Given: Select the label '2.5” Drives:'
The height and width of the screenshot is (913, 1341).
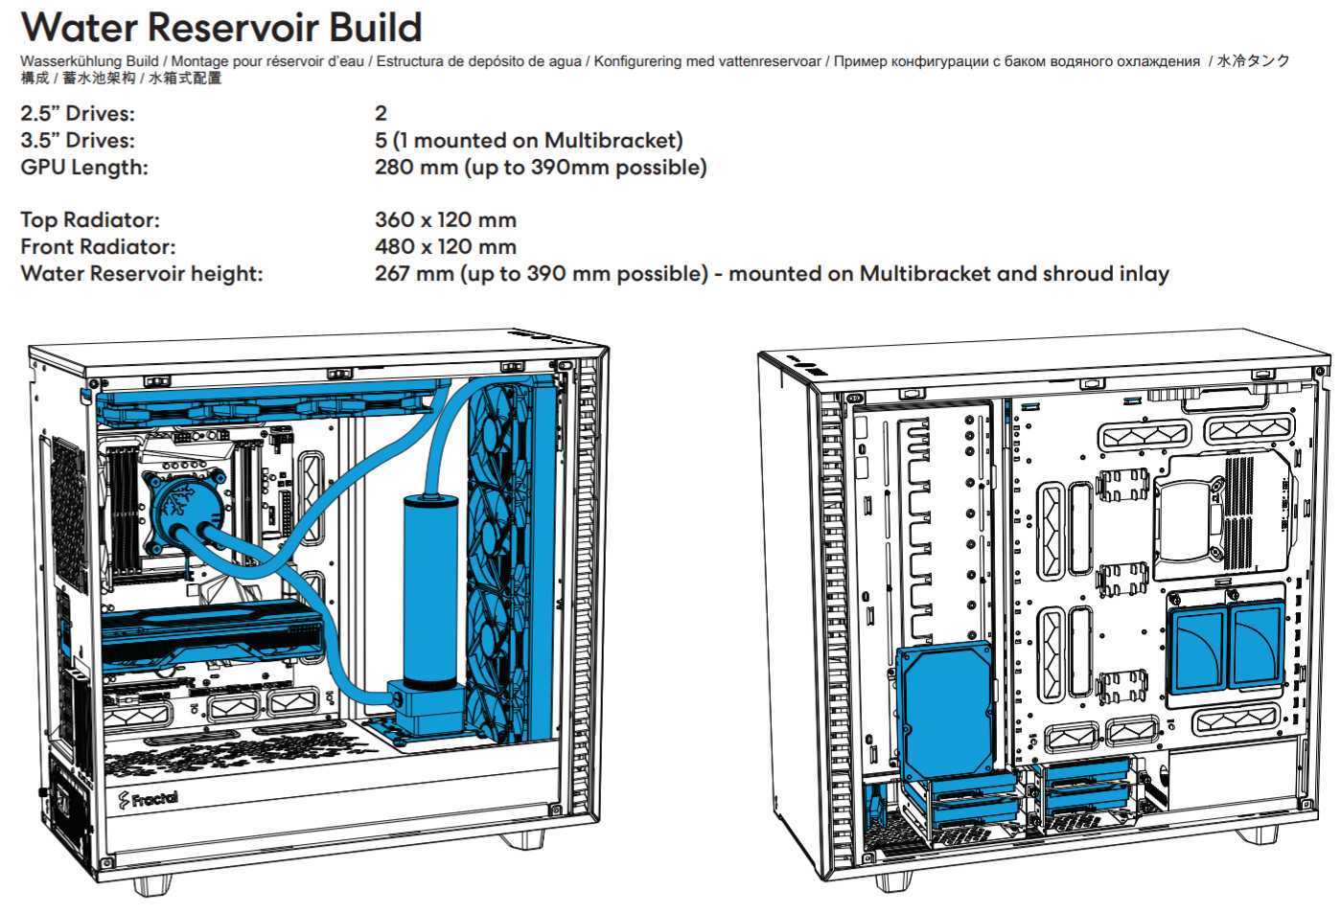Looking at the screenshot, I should (x=78, y=114).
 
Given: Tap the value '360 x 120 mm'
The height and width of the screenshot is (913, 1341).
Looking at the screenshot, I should (x=445, y=220).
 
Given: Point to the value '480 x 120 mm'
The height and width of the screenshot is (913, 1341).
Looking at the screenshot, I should (x=445, y=247).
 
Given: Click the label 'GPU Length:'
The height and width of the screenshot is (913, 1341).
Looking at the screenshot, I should (x=84, y=168).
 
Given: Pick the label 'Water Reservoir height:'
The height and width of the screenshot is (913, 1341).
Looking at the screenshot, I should (x=142, y=274).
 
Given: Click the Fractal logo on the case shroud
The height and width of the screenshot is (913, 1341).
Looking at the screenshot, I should (x=148, y=797).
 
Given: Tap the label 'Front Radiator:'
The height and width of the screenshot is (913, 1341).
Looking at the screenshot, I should (x=98, y=247).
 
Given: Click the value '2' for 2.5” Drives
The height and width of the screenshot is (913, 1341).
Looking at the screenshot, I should (x=381, y=114).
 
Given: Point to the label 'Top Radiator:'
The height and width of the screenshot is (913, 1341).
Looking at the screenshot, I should (x=90, y=220).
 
